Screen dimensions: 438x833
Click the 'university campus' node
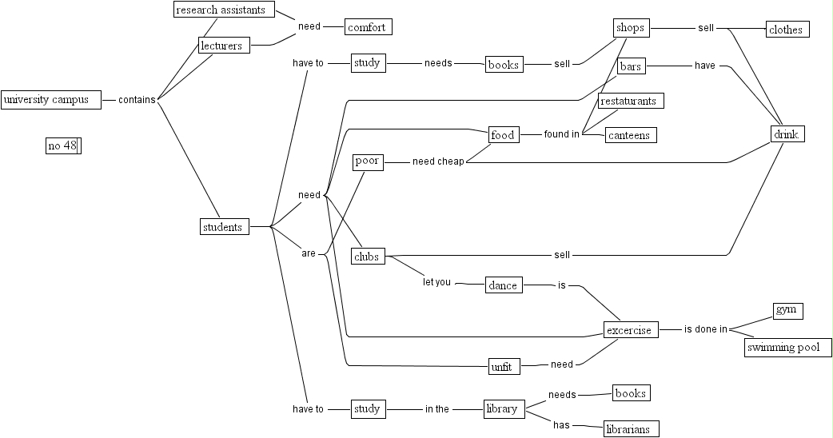coord(51,100)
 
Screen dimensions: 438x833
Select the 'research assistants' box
coord(224,10)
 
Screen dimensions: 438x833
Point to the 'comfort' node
coord(369,27)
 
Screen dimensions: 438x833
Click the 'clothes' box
coord(787,30)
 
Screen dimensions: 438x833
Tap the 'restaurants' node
coord(631,101)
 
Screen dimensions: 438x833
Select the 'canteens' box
coord(631,135)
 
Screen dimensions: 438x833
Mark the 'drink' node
coord(787,133)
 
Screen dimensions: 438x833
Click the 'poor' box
coord(368,161)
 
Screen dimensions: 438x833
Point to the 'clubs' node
coord(368,256)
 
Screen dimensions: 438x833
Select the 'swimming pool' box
coord(788,348)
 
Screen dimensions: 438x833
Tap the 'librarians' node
coord(631,429)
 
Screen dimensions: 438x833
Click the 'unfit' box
coord(504,366)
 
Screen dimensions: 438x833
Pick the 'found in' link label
coord(561,134)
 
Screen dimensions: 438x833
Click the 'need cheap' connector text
coord(438,161)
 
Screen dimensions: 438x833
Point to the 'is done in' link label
coord(705,328)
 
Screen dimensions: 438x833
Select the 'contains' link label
coord(137,100)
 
